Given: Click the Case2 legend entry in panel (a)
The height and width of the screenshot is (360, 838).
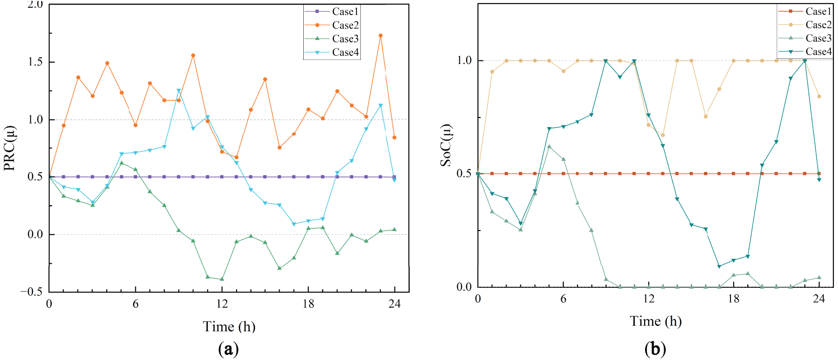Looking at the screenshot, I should (x=345, y=25).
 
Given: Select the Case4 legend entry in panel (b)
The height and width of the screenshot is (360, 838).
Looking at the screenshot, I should (x=818, y=52).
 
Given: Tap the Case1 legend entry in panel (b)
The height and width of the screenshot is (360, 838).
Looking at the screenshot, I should (x=818, y=11).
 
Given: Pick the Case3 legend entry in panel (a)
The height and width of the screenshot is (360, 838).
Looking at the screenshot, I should (x=345, y=39).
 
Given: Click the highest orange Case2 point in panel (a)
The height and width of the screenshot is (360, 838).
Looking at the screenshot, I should (x=380, y=35).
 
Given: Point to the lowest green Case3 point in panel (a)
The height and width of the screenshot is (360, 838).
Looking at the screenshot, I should (x=222, y=279).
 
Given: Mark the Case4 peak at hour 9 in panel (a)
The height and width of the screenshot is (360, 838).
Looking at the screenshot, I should (x=179, y=91).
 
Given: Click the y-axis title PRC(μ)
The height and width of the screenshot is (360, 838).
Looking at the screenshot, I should (x=10, y=148).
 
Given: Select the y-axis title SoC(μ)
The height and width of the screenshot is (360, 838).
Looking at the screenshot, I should (x=446, y=145).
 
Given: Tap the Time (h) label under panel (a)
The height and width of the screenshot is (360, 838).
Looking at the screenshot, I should (x=229, y=326).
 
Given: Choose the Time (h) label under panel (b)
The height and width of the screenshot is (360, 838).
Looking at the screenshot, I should (x=656, y=321).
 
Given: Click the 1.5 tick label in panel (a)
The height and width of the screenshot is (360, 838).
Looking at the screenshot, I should (x=35, y=62).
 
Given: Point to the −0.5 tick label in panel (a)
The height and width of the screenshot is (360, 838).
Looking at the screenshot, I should (x=31, y=292).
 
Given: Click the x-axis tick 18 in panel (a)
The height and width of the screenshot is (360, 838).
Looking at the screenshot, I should (x=308, y=304).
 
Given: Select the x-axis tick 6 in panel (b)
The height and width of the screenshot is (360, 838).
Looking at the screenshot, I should (x=563, y=298).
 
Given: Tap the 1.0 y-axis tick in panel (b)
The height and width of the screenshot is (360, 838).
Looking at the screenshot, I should (x=464, y=60).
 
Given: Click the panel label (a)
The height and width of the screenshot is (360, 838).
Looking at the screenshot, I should (x=228, y=349).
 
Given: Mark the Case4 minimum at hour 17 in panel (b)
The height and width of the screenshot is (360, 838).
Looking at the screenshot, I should (x=719, y=266).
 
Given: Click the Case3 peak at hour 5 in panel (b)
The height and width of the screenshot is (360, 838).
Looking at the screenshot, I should (x=549, y=147).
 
